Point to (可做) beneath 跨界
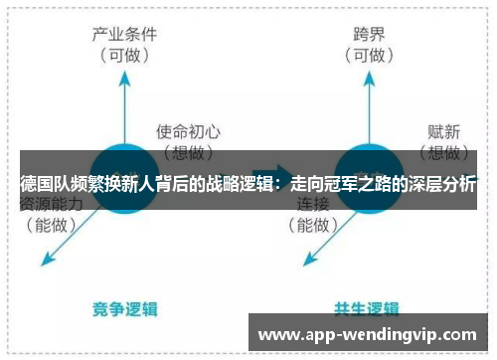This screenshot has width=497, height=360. click(x=367, y=55)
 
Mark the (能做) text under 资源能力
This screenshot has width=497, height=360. click(x=49, y=225)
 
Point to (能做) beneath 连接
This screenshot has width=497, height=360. click(x=314, y=225)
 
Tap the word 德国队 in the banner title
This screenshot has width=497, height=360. click(x=42, y=185)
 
